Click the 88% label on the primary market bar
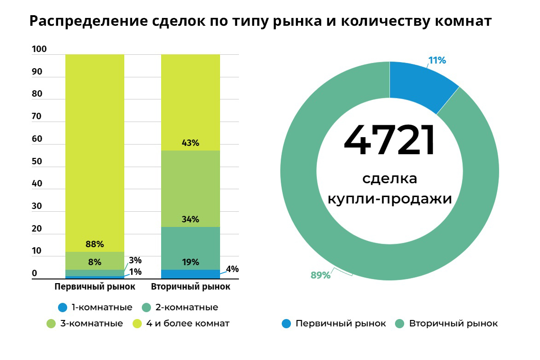coord(95,244)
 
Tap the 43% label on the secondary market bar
coord(190,143)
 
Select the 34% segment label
coord(190,219)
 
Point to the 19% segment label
coord(190,262)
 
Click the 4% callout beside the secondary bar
coord(232,269)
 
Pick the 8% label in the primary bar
coord(95,262)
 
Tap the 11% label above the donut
coord(437,60)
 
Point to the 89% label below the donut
coord(320,275)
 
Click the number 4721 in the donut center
coord(389,141)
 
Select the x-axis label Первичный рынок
coord(95,287)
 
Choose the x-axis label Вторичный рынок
coord(191,287)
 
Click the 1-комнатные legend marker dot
coord(63,308)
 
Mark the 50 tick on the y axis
coord(37,162)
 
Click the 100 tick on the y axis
coord(39,49)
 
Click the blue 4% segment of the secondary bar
coord(190,274)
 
